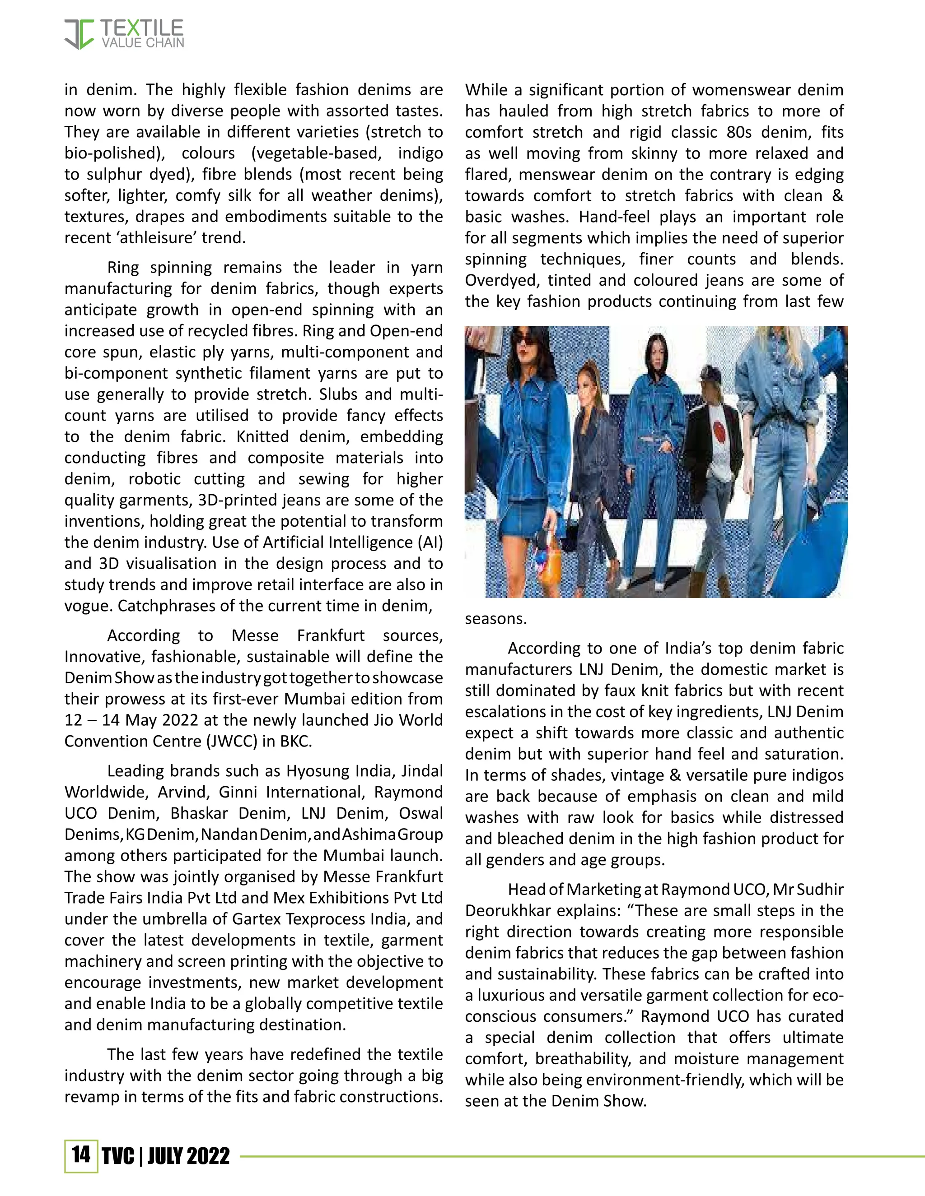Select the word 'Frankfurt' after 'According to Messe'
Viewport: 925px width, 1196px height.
(331, 635)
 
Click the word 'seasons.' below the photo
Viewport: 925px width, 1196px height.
(495, 619)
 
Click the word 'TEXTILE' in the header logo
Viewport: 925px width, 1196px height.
(142, 28)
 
